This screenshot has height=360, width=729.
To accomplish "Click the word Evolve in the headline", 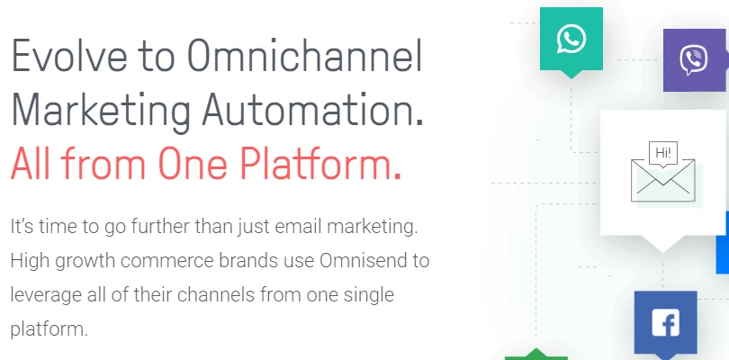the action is [68, 55].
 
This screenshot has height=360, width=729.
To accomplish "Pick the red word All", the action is [31, 164].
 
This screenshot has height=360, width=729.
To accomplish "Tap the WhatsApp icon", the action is [571, 39].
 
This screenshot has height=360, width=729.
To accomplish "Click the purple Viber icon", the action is [695, 60].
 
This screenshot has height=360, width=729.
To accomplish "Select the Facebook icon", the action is [666, 323].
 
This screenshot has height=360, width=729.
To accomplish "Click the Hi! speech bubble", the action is [663, 155].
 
